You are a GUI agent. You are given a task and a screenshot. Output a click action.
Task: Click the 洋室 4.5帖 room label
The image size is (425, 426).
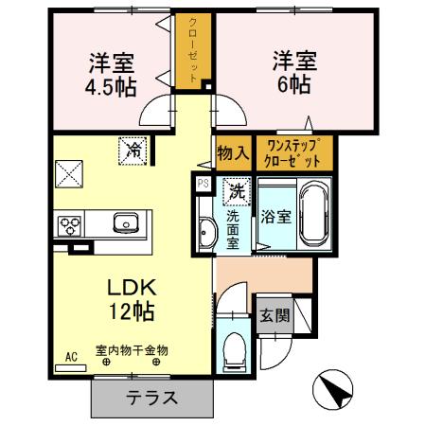coord(112,75)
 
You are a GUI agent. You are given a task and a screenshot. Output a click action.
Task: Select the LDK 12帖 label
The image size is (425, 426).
coord(130,298)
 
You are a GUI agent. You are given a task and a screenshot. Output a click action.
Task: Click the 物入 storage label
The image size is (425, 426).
coord(233,152)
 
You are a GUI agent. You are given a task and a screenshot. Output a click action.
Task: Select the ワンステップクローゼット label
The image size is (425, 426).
coord(300,152)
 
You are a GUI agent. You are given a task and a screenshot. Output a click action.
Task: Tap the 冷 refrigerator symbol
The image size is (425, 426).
coord(133,150)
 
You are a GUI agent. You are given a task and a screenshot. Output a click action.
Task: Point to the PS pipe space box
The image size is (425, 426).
coord(203,183)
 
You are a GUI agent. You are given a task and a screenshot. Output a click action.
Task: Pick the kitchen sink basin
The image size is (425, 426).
coord(126,224)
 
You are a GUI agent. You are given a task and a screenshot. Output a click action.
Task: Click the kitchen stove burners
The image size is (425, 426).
coord(70,225)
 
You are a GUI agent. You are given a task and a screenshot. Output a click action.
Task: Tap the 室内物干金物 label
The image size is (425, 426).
coord(130,350)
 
